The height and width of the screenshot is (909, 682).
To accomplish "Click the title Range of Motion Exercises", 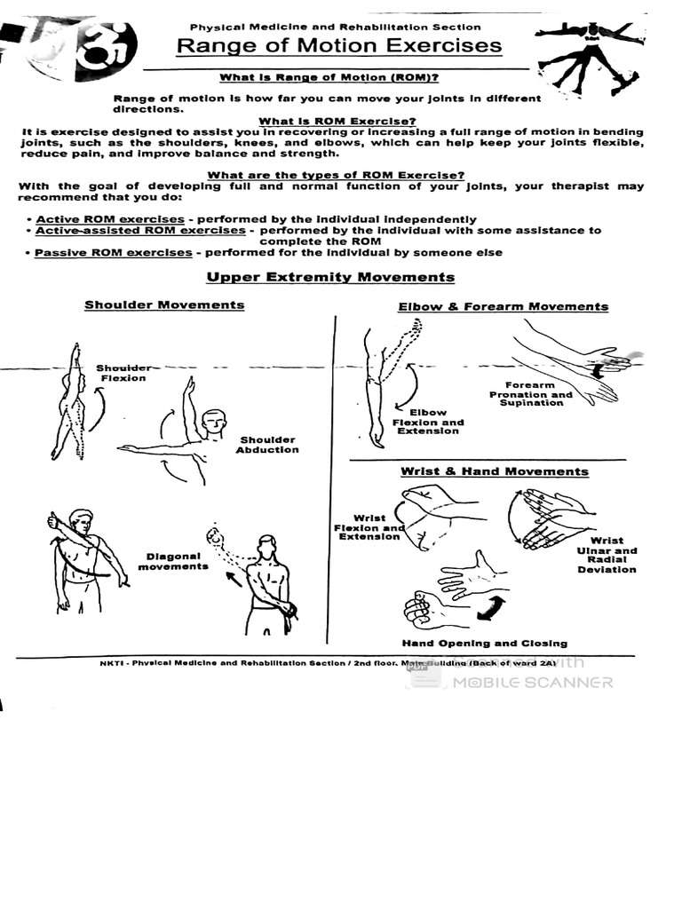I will click(x=338, y=46).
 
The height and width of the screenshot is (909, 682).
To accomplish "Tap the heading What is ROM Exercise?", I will click(x=337, y=121).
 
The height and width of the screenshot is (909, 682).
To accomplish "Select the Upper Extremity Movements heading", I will click(x=330, y=277).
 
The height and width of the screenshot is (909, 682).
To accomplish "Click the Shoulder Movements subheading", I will click(x=164, y=304).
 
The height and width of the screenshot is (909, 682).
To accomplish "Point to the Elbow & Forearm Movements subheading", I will click(x=503, y=306).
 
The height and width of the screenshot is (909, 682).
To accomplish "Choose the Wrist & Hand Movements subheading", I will click(x=494, y=471).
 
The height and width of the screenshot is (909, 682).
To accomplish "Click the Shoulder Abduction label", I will click(x=267, y=445).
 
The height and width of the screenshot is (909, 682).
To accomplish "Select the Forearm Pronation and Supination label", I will click(x=531, y=394).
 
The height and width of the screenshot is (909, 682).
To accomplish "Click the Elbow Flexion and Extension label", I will click(x=428, y=422).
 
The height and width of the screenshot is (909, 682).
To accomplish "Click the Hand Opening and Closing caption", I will click(x=484, y=644).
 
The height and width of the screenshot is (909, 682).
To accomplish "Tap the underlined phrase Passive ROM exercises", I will click(x=114, y=252).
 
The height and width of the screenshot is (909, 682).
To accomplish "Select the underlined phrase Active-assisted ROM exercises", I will click(x=140, y=230).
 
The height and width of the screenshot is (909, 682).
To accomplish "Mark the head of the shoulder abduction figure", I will click(x=213, y=423).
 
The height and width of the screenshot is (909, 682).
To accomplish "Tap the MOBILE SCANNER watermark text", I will click(x=532, y=683).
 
